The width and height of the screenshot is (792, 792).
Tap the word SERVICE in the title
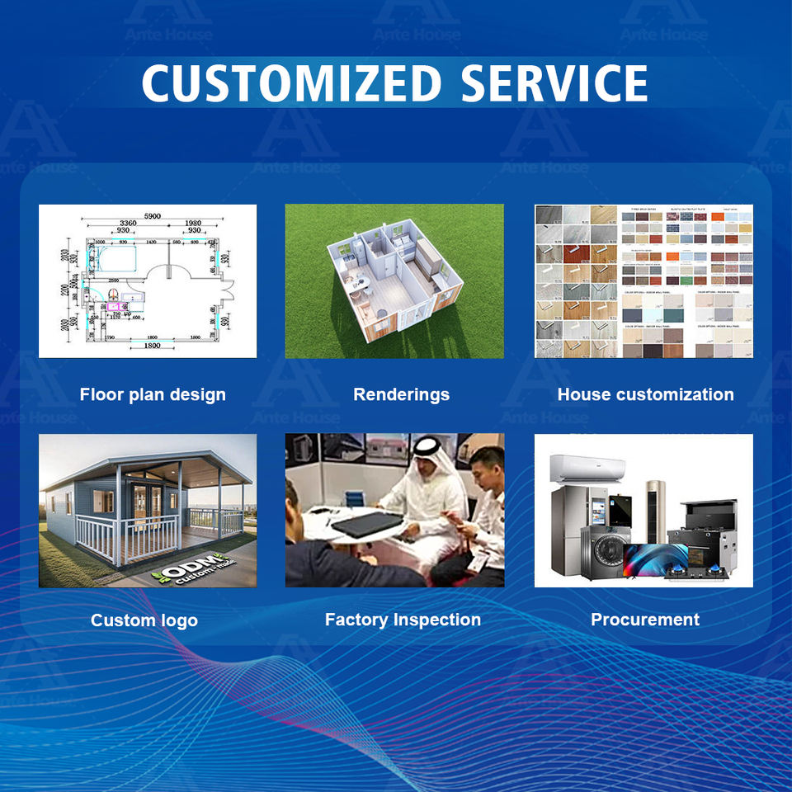tap(554, 83)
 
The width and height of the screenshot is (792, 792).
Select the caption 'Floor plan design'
tap(153, 394)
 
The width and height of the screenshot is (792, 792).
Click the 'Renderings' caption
tap(401, 394)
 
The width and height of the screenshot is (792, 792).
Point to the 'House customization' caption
tap(645, 394)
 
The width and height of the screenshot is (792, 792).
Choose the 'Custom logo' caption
tap(144, 620)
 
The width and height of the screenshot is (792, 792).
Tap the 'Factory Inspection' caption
tap(403, 620)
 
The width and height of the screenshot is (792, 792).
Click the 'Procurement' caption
tap(645, 620)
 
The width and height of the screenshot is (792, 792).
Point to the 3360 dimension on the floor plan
tap(128, 224)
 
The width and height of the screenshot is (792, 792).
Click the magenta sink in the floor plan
tap(114, 307)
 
